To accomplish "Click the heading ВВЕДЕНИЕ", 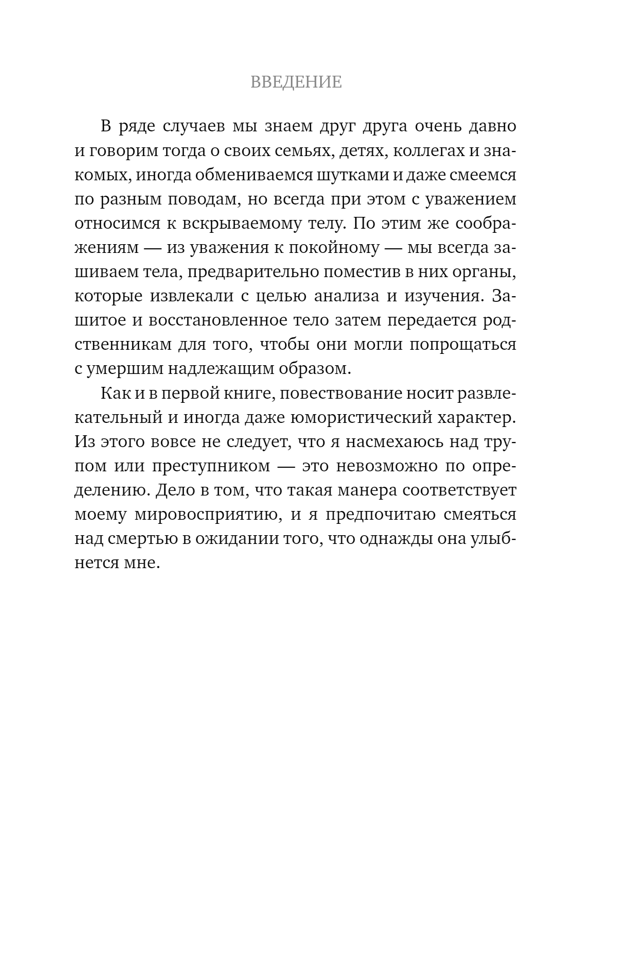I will click(296, 82).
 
